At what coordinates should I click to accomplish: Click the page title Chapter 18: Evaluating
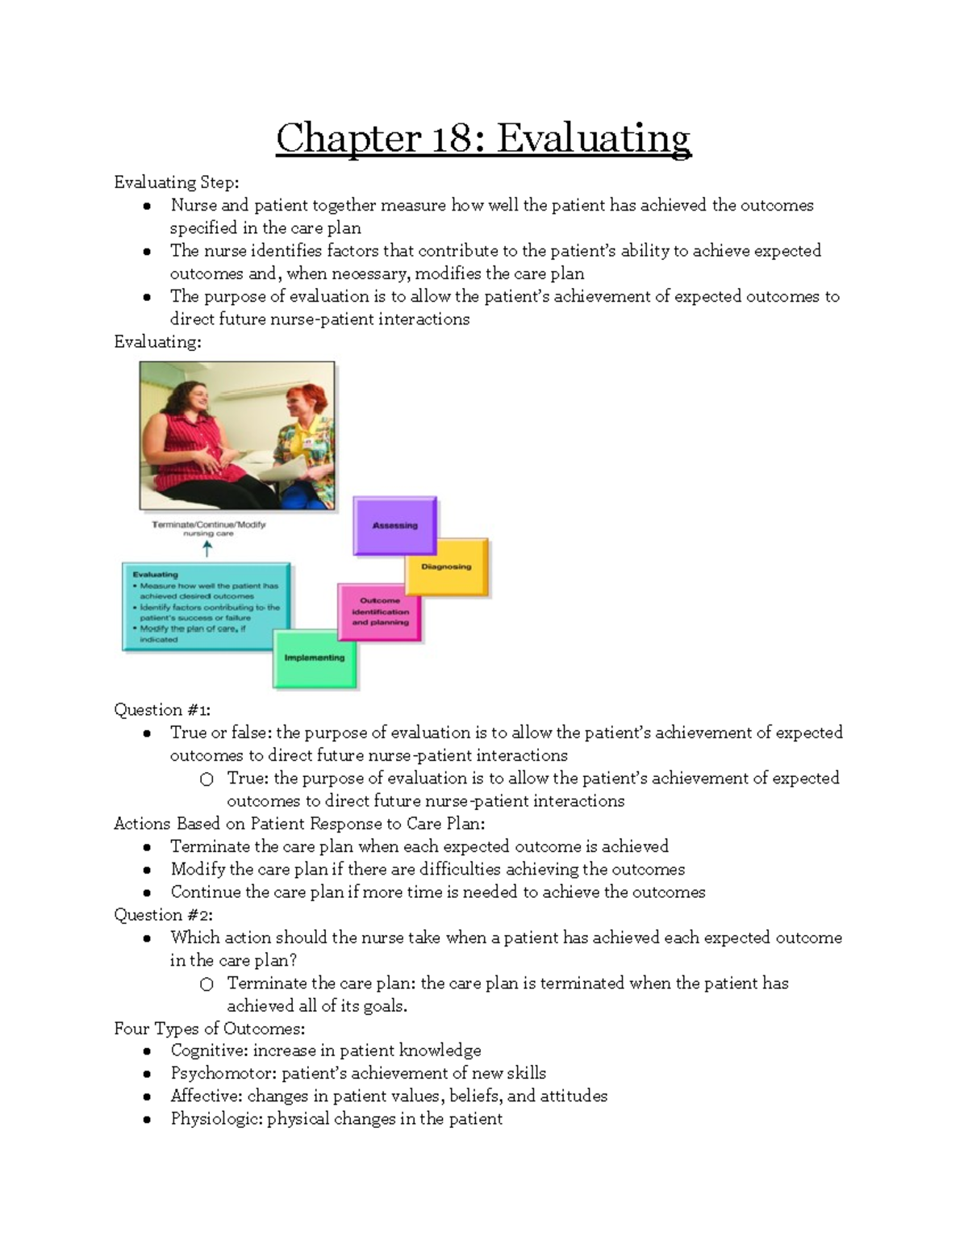(483, 138)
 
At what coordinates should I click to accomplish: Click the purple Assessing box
(394, 525)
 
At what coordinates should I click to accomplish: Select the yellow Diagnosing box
(446, 566)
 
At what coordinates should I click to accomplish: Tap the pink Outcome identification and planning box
(380, 612)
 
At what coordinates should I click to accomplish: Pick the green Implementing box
(315, 658)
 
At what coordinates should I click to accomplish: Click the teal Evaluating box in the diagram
(207, 607)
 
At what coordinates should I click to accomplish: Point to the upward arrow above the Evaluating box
(207, 549)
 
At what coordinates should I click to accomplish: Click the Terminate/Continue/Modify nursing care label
(208, 528)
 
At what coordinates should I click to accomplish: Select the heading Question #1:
(162, 710)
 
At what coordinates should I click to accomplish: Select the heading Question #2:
(163, 915)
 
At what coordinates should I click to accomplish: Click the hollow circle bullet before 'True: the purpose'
(207, 779)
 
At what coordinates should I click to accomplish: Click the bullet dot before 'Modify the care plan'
(147, 871)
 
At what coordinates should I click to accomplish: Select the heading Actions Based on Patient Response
(298, 824)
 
